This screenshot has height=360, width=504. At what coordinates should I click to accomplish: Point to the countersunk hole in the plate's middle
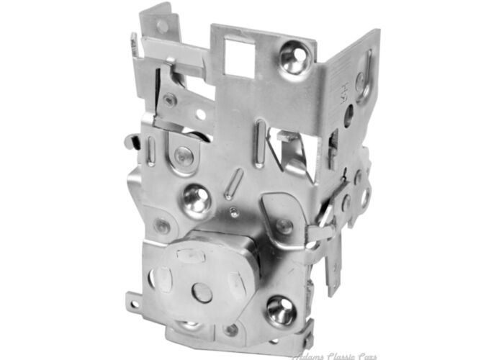tap(196, 198)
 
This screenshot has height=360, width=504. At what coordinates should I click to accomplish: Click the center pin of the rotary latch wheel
tap(203, 292)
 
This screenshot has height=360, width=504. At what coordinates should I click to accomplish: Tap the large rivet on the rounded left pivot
tap(183, 154)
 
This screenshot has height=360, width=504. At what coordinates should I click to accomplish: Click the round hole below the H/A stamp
tap(348, 115)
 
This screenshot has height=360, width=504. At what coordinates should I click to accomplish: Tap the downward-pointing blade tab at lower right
tap(333, 274)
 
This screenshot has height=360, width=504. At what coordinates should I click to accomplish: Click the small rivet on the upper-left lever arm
tap(170, 101)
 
